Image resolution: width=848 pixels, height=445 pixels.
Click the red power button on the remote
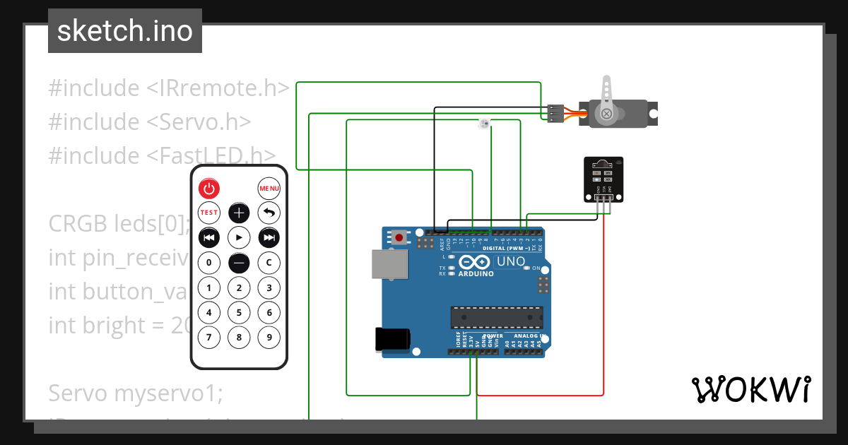click(209, 189)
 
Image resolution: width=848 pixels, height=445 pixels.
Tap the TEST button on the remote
click(209, 213)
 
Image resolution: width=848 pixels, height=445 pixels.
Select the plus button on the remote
click(240, 213)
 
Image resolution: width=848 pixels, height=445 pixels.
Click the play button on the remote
click(240, 238)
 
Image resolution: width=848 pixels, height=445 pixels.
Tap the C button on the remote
click(269, 263)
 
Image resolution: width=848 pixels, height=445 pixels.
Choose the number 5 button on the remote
click(240, 312)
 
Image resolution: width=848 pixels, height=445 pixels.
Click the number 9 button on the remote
click(269, 337)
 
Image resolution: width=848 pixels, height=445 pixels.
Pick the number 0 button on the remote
click(209, 263)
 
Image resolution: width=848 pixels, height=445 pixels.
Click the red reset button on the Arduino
click(399, 237)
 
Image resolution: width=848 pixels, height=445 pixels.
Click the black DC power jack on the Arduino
click(392, 339)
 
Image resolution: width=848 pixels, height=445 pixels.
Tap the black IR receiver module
click(603, 179)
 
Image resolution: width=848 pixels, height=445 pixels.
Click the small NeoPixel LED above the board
click(484, 124)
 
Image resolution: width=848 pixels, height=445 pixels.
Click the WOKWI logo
click(751, 389)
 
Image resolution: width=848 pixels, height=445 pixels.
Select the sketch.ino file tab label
click(125, 31)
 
